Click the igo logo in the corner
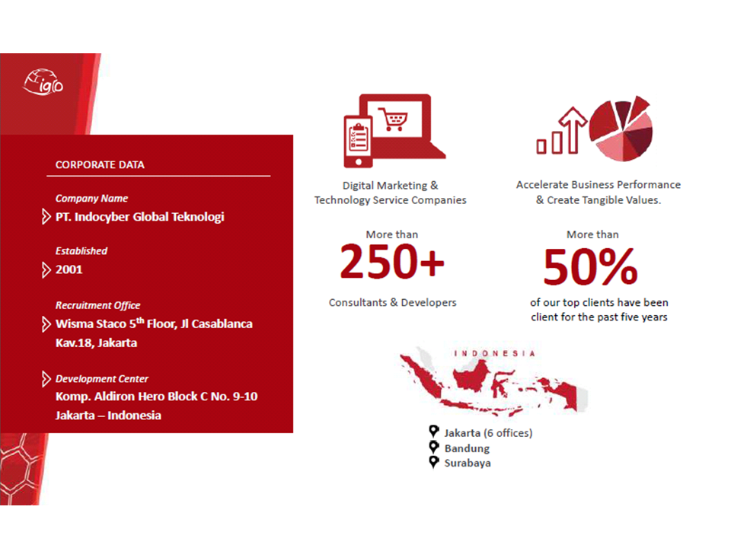pos(43,82)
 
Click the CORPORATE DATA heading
pos(100,165)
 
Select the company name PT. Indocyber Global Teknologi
pos(140,217)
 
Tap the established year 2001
pos(69,269)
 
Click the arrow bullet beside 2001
pos(46,269)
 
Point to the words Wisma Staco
pos(91,324)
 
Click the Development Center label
pos(101,379)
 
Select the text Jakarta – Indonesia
pos(108,416)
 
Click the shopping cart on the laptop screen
pos(393,119)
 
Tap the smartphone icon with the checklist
pos(358,141)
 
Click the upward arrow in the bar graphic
pos(573,130)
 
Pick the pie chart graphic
pos(621,129)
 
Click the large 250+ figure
pos(392,262)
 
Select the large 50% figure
pos(591,266)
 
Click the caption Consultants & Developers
pos(393,302)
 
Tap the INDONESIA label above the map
pos(495,353)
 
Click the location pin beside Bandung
pos(434,448)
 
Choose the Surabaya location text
pos(468,464)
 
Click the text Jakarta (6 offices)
pos(488,433)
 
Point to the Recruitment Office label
pos(98,306)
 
